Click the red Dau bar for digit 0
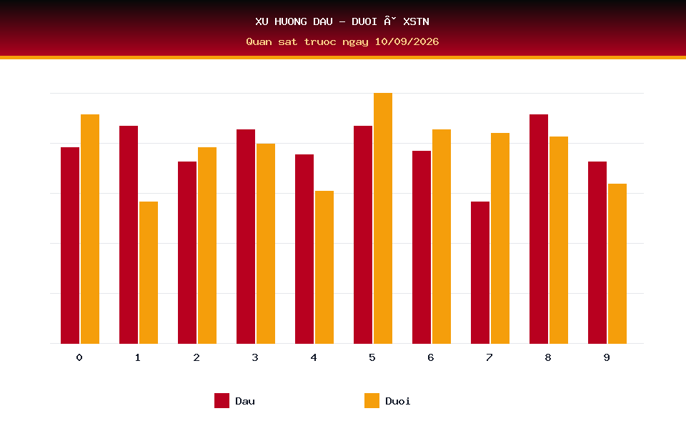70,245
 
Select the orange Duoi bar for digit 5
383,218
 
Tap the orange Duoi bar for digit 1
149,272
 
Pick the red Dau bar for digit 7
480,272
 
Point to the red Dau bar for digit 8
539,229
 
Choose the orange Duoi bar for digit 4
324,267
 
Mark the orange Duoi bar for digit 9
617,264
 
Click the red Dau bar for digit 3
245,237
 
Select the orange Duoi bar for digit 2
207,245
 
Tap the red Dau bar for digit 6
422,247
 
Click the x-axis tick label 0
79,357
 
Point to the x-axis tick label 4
314,357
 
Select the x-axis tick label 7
489,357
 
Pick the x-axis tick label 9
607,357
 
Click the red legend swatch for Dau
222,400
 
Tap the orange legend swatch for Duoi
372,400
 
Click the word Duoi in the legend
398,401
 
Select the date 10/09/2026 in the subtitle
407,41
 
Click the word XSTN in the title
416,21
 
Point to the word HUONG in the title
291,21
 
